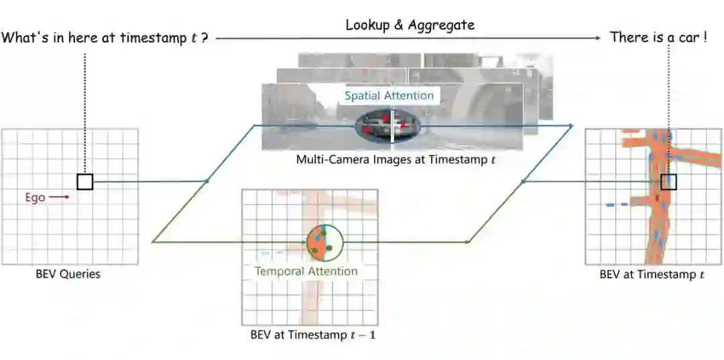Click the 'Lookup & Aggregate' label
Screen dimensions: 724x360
tap(410, 25)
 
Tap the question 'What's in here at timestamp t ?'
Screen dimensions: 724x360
tap(105, 38)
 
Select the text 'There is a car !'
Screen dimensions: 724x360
tap(658, 38)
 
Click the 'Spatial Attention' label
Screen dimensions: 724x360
tap(389, 96)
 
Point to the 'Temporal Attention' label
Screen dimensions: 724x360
tap(306, 272)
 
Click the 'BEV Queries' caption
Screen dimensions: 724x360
tap(68, 274)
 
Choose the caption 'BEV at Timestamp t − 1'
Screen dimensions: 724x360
tap(309, 334)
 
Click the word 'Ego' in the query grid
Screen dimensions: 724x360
tap(35, 198)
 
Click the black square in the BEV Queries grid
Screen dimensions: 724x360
tap(85, 181)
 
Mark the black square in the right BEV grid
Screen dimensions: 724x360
tap(668, 182)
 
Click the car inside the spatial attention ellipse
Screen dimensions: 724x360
tap(389, 126)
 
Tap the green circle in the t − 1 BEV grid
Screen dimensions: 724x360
tap(324, 243)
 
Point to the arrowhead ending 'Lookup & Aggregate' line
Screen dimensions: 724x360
tap(598, 38)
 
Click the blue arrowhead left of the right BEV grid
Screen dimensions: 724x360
tap(570, 125)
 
